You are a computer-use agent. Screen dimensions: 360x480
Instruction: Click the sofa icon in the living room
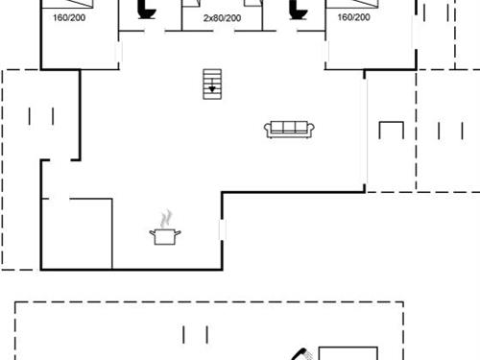(x=287, y=129)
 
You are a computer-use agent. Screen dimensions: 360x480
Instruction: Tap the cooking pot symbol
(x=164, y=235)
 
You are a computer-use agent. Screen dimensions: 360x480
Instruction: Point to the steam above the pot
(x=167, y=217)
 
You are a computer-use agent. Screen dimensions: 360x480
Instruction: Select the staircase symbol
(x=212, y=84)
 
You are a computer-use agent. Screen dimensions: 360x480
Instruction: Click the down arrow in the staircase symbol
(x=212, y=89)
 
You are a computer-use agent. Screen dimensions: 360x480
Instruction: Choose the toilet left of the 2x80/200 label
(x=146, y=9)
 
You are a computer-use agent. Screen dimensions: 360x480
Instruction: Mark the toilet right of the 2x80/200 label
(x=298, y=9)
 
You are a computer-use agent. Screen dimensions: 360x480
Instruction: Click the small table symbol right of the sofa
(x=391, y=132)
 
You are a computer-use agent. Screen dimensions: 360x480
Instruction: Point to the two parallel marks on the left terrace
(x=41, y=116)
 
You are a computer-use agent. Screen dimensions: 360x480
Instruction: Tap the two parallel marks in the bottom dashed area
(x=196, y=334)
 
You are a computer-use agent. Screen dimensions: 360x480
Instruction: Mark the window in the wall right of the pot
(x=222, y=231)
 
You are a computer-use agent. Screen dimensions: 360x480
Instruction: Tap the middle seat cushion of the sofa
(x=287, y=130)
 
